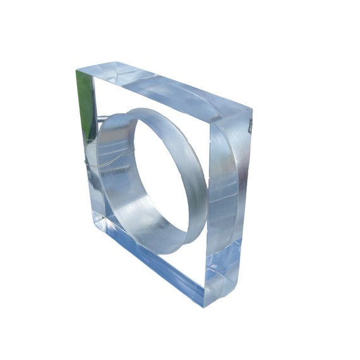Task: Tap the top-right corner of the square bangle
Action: (x=252, y=112)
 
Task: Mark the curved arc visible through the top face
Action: (x=189, y=95)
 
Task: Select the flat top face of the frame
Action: (x=164, y=88)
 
